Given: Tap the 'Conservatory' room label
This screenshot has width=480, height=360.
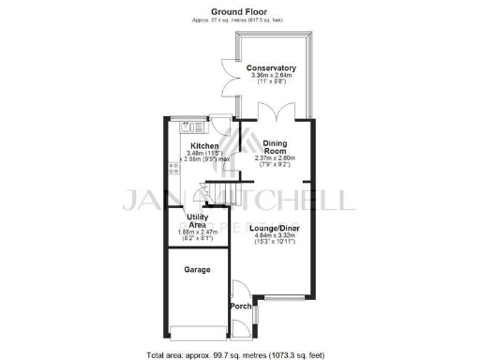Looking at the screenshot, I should tap(271, 68).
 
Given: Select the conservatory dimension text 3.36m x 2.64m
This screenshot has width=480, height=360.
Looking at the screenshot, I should tap(271, 76).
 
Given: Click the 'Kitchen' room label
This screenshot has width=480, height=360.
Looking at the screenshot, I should tap(204, 147).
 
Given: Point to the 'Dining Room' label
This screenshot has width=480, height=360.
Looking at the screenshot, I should tap(274, 147).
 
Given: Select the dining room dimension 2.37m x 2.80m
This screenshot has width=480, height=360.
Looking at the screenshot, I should tap(275, 158).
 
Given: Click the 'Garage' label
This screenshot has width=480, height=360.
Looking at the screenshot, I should tap(196, 270).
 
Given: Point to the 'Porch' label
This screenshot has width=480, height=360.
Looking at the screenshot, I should tap(239, 307).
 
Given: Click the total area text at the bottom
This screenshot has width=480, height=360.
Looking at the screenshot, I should tap(239, 354).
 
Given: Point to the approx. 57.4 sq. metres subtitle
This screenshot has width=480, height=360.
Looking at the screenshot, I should tap(239, 19).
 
